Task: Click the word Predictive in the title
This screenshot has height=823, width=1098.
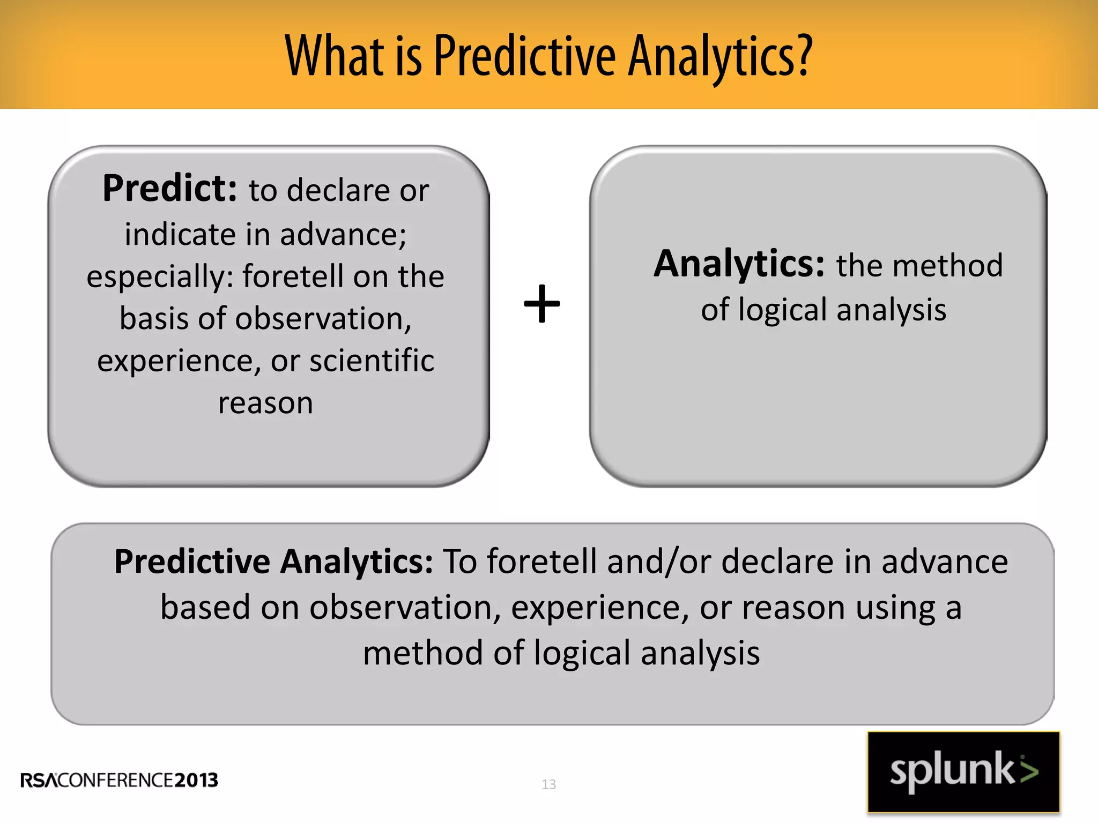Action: click(524, 56)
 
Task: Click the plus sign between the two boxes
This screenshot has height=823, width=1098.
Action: click(542, 304)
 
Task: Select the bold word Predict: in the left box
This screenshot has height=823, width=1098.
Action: click(169, 189)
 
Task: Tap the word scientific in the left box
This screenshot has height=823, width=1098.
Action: click(372, 360)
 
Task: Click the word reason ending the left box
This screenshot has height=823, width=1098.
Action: click(265, 403)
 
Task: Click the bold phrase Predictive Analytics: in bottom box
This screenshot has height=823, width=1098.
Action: click(273, 562)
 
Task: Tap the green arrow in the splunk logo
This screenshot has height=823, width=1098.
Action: click(1028, 770)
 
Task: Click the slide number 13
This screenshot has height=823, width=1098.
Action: click(548, 784)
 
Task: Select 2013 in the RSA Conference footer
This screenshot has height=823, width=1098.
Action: click(196, 780)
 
